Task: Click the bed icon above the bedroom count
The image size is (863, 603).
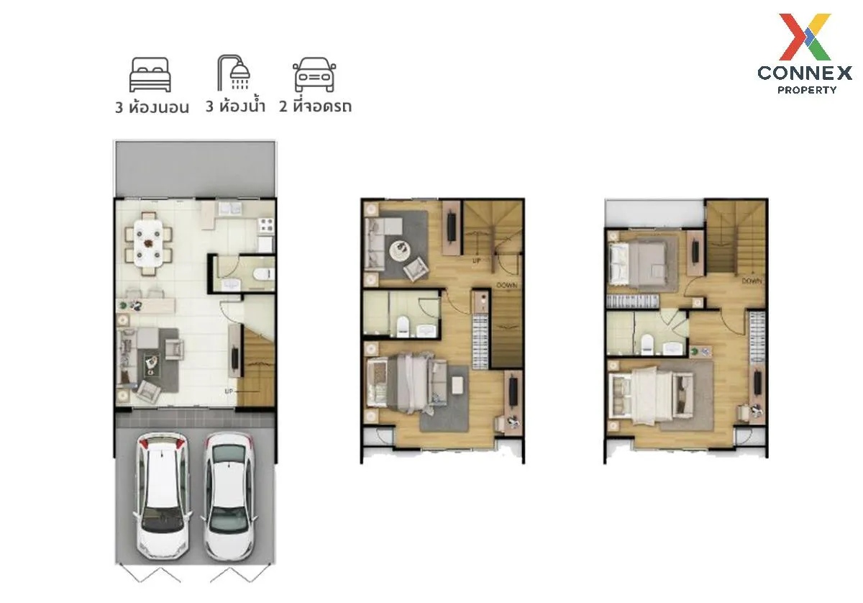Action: pos(150,74)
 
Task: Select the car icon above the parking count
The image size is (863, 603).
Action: pos(314,76)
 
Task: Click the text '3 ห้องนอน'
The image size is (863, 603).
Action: pos(152,108)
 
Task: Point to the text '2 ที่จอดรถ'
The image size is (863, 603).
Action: pos(315,107)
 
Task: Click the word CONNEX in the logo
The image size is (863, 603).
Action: pos(805,73)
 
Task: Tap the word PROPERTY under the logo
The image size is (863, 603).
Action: pos(806,90)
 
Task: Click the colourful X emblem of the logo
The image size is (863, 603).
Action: pos(805,36)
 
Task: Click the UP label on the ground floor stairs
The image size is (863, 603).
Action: pos(229,391)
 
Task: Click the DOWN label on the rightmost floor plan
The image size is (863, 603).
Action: pos(752,281)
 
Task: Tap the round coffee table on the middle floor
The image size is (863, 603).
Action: pos(400,251)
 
